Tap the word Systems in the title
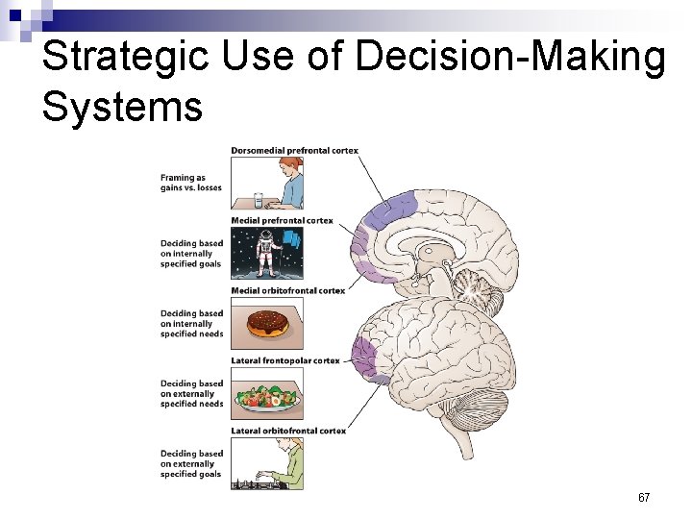(x=122, y=106)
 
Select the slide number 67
(x=644, y=498)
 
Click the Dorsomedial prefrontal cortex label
(x=294, y=151)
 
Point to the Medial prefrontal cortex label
(x=282, y=221)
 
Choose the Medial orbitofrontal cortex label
(x=287, y=290)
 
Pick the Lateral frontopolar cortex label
(x=285, y=360)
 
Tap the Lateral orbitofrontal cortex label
(x=288, y=431)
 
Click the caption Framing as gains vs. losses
(x=190, y=183)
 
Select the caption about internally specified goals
(x=190, y=254)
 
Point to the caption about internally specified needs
(x=190, y=324)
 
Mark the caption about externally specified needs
(x=190, y=394)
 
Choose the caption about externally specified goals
(x=190, y=464)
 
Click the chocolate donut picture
(x=267, y=324)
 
